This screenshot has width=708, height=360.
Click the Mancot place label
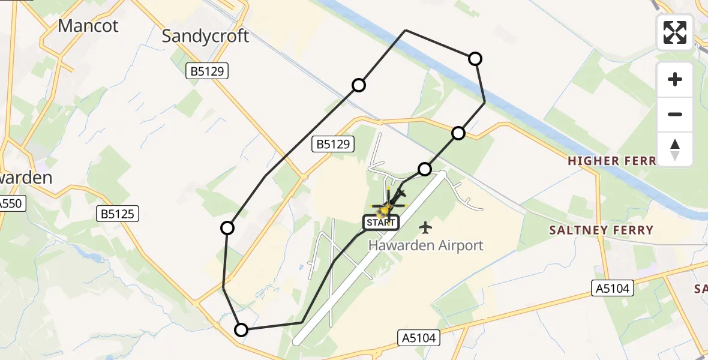click(88, 26)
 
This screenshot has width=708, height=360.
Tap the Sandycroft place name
click(205, 36)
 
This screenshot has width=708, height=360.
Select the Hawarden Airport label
click(425, 245)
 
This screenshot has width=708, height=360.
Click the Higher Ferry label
click(611, 161)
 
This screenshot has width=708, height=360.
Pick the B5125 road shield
click(119, 213)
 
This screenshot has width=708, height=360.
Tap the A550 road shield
click(11, 203)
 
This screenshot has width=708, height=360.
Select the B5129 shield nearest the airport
click(334, 144)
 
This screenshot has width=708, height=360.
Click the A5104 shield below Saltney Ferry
click(613, 288)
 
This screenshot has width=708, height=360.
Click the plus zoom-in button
click(675, 79)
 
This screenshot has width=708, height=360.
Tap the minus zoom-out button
click(675, 114)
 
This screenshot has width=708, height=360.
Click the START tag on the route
click(380, 223)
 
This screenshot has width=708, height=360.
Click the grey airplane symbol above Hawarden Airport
click(425, 227)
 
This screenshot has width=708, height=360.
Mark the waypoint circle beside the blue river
click(475, 58)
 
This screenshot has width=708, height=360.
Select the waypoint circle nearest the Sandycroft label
click(359, 85)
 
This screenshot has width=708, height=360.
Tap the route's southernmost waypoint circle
click(241, 329)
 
